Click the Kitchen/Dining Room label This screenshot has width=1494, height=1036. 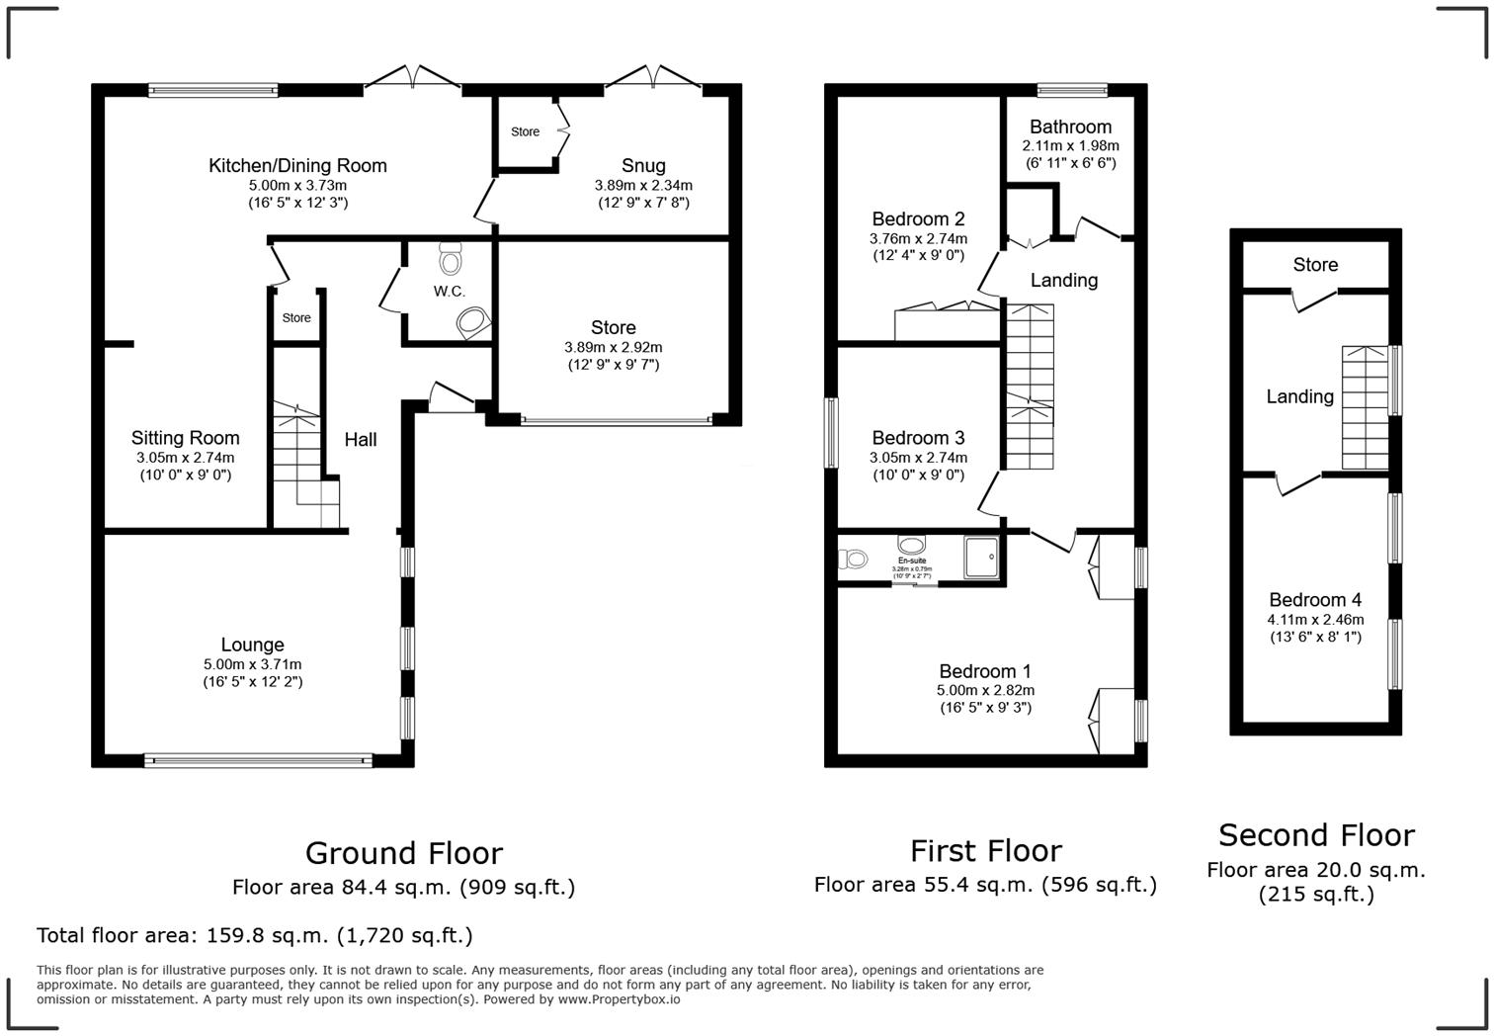pyautogui.click(x=297, y=166)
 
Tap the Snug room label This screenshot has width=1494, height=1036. pyautogui.click(x=643, y=166)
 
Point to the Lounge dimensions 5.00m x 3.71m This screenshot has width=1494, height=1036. pyautogui.click(x=252, y=664)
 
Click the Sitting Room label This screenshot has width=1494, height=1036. pyautogui.click(x=186, y=438)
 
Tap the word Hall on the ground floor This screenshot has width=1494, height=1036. pyautogui.click(x=361, y=440)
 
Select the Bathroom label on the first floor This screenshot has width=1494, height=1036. pyautogui.click(x=1070, y=127)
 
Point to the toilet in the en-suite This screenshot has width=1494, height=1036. pyautogui.click(x=853, y=560)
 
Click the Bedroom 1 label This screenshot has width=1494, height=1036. pyautogui.click(x=985, y=671)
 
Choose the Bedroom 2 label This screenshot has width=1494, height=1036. pyautogui.click(x=918, y=219)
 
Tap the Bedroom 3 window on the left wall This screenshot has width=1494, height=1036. pyautogui.click(x=831, y=432)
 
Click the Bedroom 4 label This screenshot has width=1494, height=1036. pyautogui.click(x=1315, y=600)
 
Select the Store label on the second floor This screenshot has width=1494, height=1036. pyautogui.click(x=1315, y=265)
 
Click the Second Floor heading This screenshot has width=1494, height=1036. pyautogui.click(x=1316, y=835)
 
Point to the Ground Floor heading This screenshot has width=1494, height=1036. pyautogui.click(x=403, y=853)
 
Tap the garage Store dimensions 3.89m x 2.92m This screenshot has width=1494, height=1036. pyautogui.click(x=613, y=347)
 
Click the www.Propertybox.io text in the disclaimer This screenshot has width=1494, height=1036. pyautogui.click(x=619, y=999)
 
